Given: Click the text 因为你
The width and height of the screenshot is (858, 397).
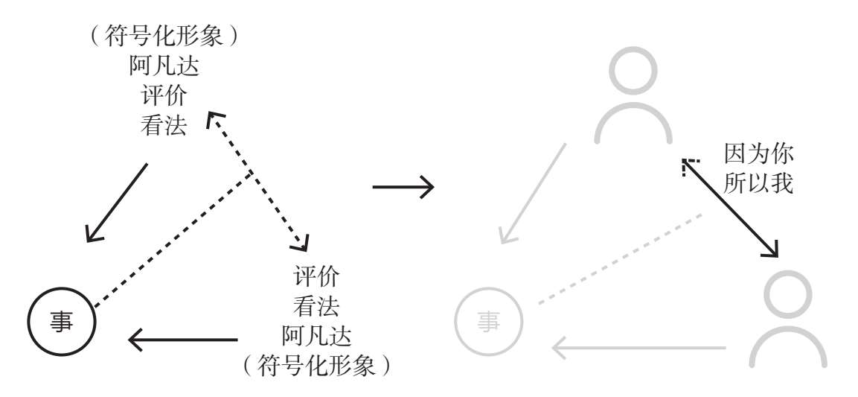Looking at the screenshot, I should pos(758,155).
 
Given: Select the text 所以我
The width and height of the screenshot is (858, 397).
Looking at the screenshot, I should pos(758,183).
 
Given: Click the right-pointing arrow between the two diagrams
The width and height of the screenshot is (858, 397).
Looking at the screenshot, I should pos(403,186).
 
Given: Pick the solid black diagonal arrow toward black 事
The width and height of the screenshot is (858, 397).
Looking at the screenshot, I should pos(116,202).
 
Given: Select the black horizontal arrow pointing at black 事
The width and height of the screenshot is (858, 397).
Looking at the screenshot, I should pos(183,340).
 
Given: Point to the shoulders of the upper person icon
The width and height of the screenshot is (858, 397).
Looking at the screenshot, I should pos(634,124).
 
